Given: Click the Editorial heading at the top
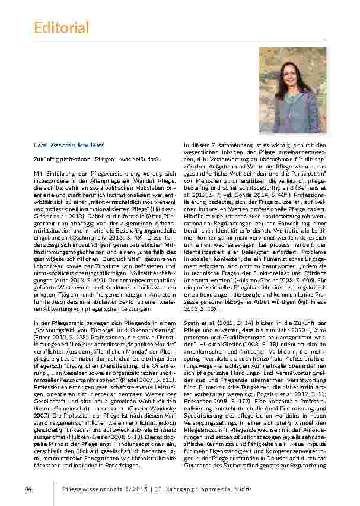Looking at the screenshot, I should tap(61, 27).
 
